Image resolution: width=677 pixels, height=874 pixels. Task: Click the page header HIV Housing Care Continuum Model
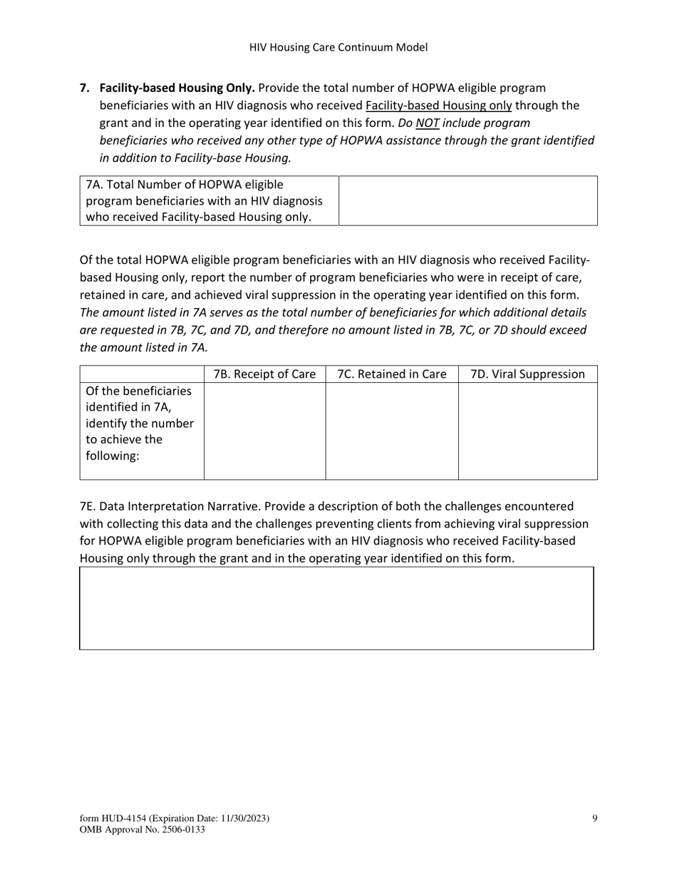tap(338, 48)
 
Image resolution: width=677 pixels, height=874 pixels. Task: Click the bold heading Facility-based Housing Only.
tap(177, 88)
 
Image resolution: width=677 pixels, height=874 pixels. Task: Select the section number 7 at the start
tap(84, 88)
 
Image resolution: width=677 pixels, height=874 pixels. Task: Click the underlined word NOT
tap(427, 123)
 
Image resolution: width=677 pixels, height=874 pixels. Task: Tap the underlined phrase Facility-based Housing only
tap(438, 106)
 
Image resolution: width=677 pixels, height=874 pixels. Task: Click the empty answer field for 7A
tap(467, 201)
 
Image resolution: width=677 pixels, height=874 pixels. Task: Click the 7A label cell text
tap(204, 201)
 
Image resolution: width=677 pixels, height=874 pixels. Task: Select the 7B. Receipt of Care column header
tap(264, 374)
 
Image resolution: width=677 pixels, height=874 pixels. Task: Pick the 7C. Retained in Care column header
tap(391, 374)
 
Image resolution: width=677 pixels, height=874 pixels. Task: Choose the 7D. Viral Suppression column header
tap(527, 374)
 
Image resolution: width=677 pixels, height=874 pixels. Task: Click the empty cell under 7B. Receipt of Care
tap(264, 431)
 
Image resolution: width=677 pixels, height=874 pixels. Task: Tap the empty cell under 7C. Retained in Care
tap(391, 431)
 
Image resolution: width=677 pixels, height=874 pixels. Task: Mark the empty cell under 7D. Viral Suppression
tap(527, 431)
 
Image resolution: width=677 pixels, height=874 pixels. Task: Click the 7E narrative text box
tap(336, 608)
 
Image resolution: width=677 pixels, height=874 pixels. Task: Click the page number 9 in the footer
tap(594, 818)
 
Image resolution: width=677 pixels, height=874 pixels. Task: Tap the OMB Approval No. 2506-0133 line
tap(143, 830)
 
